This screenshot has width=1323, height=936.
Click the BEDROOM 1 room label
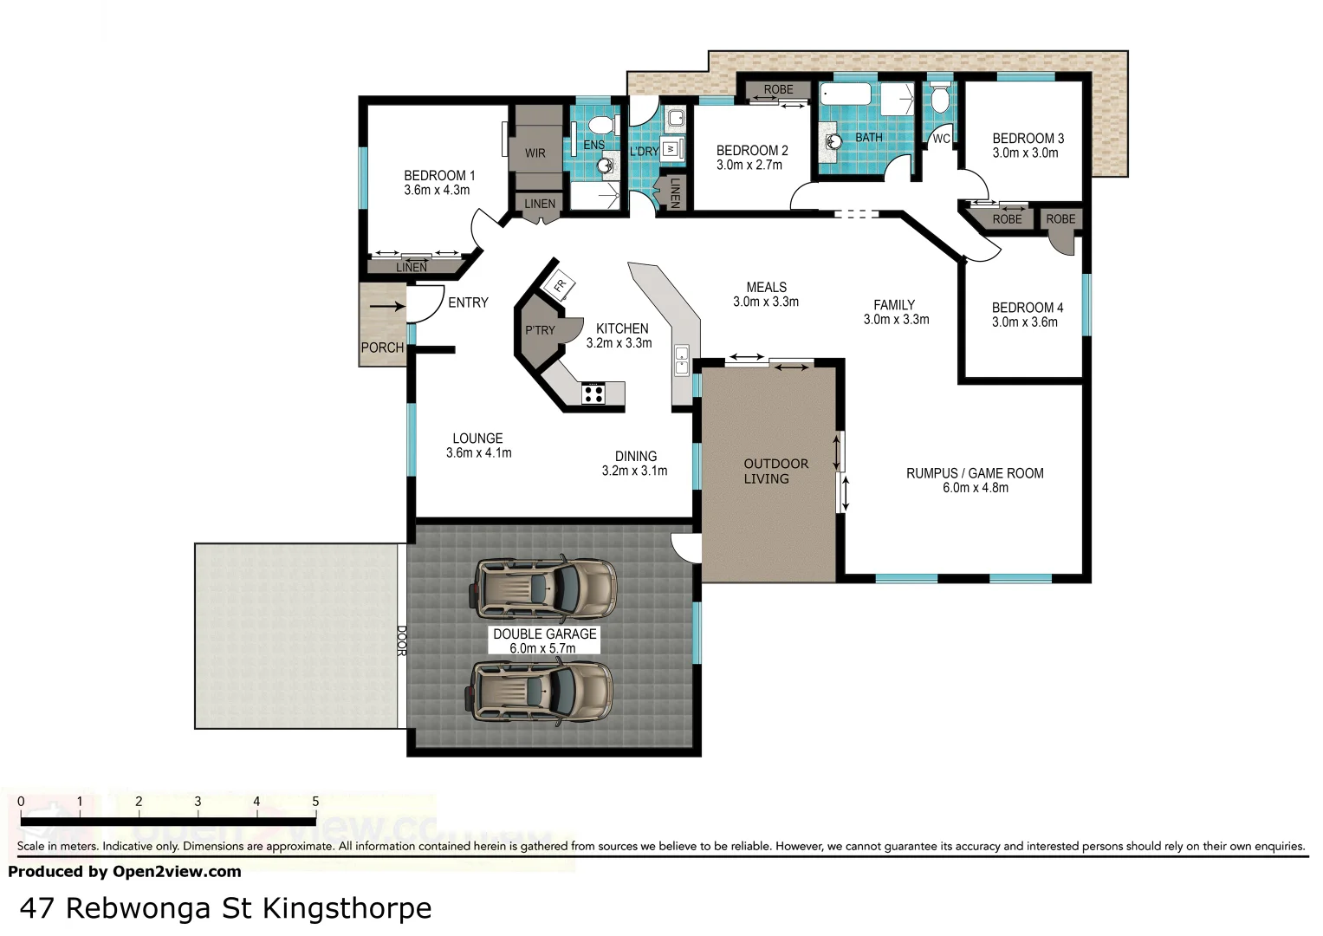pyautogui.click(x=438, y=175)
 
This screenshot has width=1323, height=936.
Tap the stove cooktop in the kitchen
pyautogui.click(x=593, y=393)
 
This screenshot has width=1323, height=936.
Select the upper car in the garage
pyautogui.click(x=544, y=587)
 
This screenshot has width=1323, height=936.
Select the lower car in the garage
pyautogui.click(x=542, y=691)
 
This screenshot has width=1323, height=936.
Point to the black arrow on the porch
pyautogui.click(x=386, y=306)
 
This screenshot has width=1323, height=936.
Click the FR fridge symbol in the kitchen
pyautogui.click(x=559, y=285)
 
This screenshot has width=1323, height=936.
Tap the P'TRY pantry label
pyautogui.click(x=540, y=330)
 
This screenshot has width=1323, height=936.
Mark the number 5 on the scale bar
pyautogui.click(x=315, y=802)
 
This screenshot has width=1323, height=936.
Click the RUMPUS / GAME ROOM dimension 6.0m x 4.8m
pyautogui.click(x=975, y=488)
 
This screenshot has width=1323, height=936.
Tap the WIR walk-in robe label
pyautogui.click(x=535, y=153)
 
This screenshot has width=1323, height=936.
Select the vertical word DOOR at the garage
pyautogui.click(x=401, y=640)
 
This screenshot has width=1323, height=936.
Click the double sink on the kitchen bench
pyautogui.click(x=682, y=360)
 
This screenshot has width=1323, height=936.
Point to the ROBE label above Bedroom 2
pyautogui.click(x=778, y=89)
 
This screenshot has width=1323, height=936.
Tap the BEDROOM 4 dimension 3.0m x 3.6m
pyautogui.click(x=1025, y=322)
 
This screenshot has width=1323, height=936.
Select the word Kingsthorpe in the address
pyautogui.click(x=347, y=908)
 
